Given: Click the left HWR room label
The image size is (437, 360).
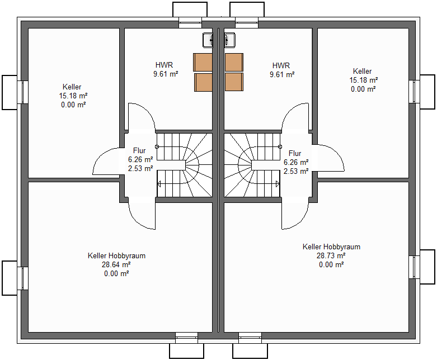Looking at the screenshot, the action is coord(164,65).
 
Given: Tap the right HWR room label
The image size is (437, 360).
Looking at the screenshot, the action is coord(281,66).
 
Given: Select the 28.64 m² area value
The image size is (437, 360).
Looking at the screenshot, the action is coord(116,264).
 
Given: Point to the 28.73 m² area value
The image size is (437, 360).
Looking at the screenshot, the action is coord(331,255).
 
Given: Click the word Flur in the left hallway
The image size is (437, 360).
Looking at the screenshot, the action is coord(139,150).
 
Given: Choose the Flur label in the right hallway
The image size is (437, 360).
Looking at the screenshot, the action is coord(295,153).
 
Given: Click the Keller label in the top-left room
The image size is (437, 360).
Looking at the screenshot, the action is coord(72,87).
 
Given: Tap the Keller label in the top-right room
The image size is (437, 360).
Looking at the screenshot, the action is coord(363,72).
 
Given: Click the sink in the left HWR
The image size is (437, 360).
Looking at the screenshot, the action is coord(208,40).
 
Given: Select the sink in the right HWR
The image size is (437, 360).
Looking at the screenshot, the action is coord(229,40).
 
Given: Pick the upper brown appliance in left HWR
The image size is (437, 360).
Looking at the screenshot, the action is coord(203,63).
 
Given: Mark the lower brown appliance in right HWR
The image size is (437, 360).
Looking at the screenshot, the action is coord(234,82).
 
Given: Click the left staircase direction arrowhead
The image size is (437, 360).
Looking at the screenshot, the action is coord(159,184).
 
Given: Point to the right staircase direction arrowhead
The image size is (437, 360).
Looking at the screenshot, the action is coord(278,184).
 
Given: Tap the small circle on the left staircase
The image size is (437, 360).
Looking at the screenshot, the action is coord(157,146).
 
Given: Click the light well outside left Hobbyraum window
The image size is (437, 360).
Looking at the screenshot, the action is coord(10,278).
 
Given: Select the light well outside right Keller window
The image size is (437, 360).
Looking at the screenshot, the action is coord(427,92).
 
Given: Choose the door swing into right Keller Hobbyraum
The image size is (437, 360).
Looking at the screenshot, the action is coord(295,215).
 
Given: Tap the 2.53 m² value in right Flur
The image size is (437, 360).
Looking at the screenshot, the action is coord(296,171).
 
